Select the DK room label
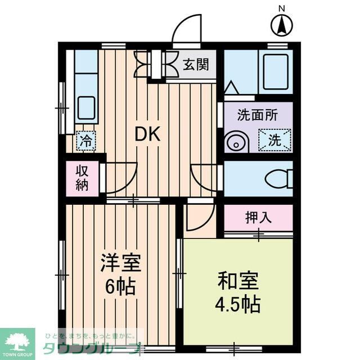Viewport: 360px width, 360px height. pyautogui.click(x=147, y=134)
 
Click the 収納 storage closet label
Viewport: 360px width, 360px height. pyautogui.click(x=82, y=178)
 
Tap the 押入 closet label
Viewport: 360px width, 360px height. pyautogui.click(x=258, y=218)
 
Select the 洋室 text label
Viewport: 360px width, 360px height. pyautogui.click(x=120, y=263)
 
